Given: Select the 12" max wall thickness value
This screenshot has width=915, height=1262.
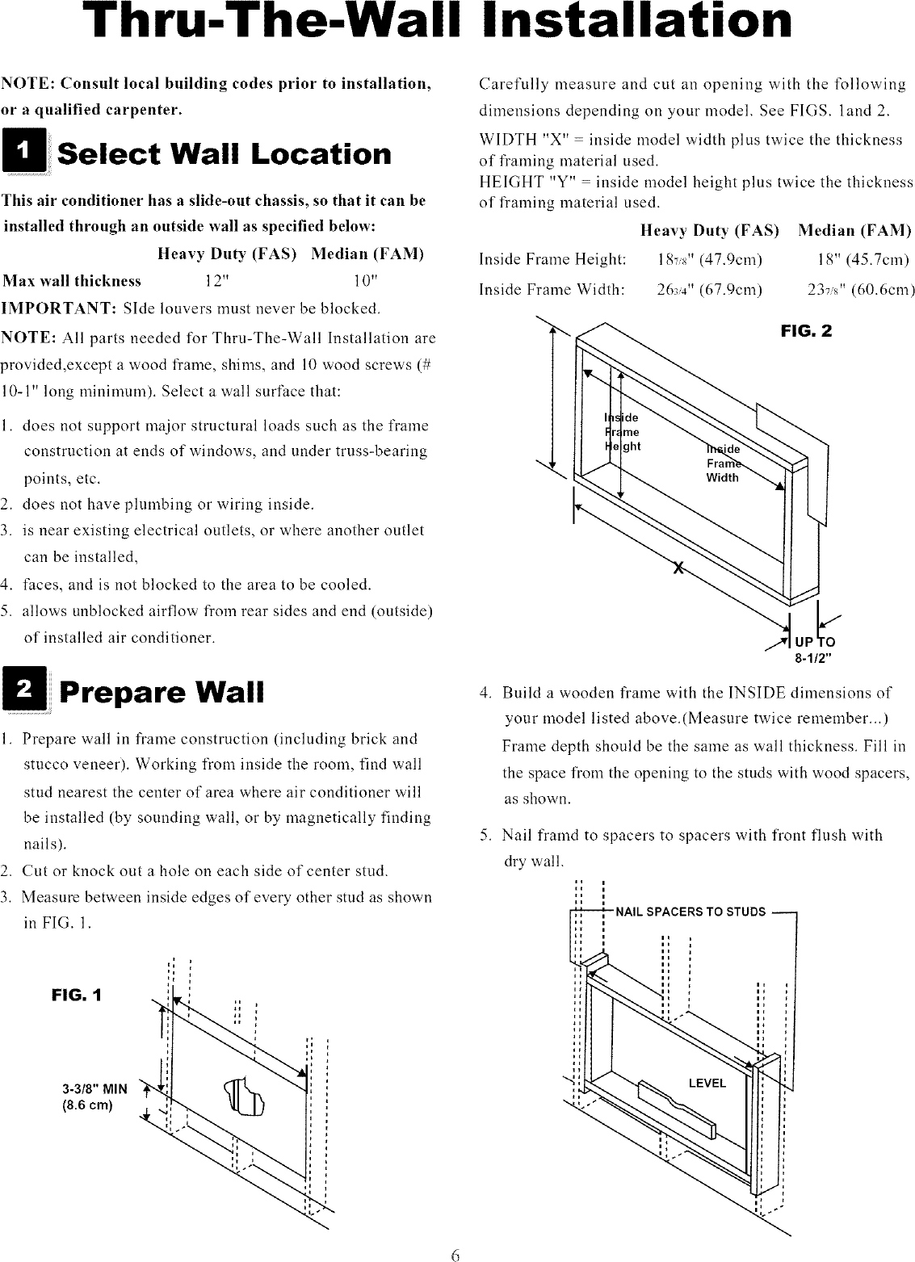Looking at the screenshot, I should point(218,281).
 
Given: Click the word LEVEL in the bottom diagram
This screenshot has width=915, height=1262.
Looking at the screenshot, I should point(707,1083).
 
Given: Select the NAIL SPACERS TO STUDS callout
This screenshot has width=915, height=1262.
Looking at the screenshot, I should point(690,912).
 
